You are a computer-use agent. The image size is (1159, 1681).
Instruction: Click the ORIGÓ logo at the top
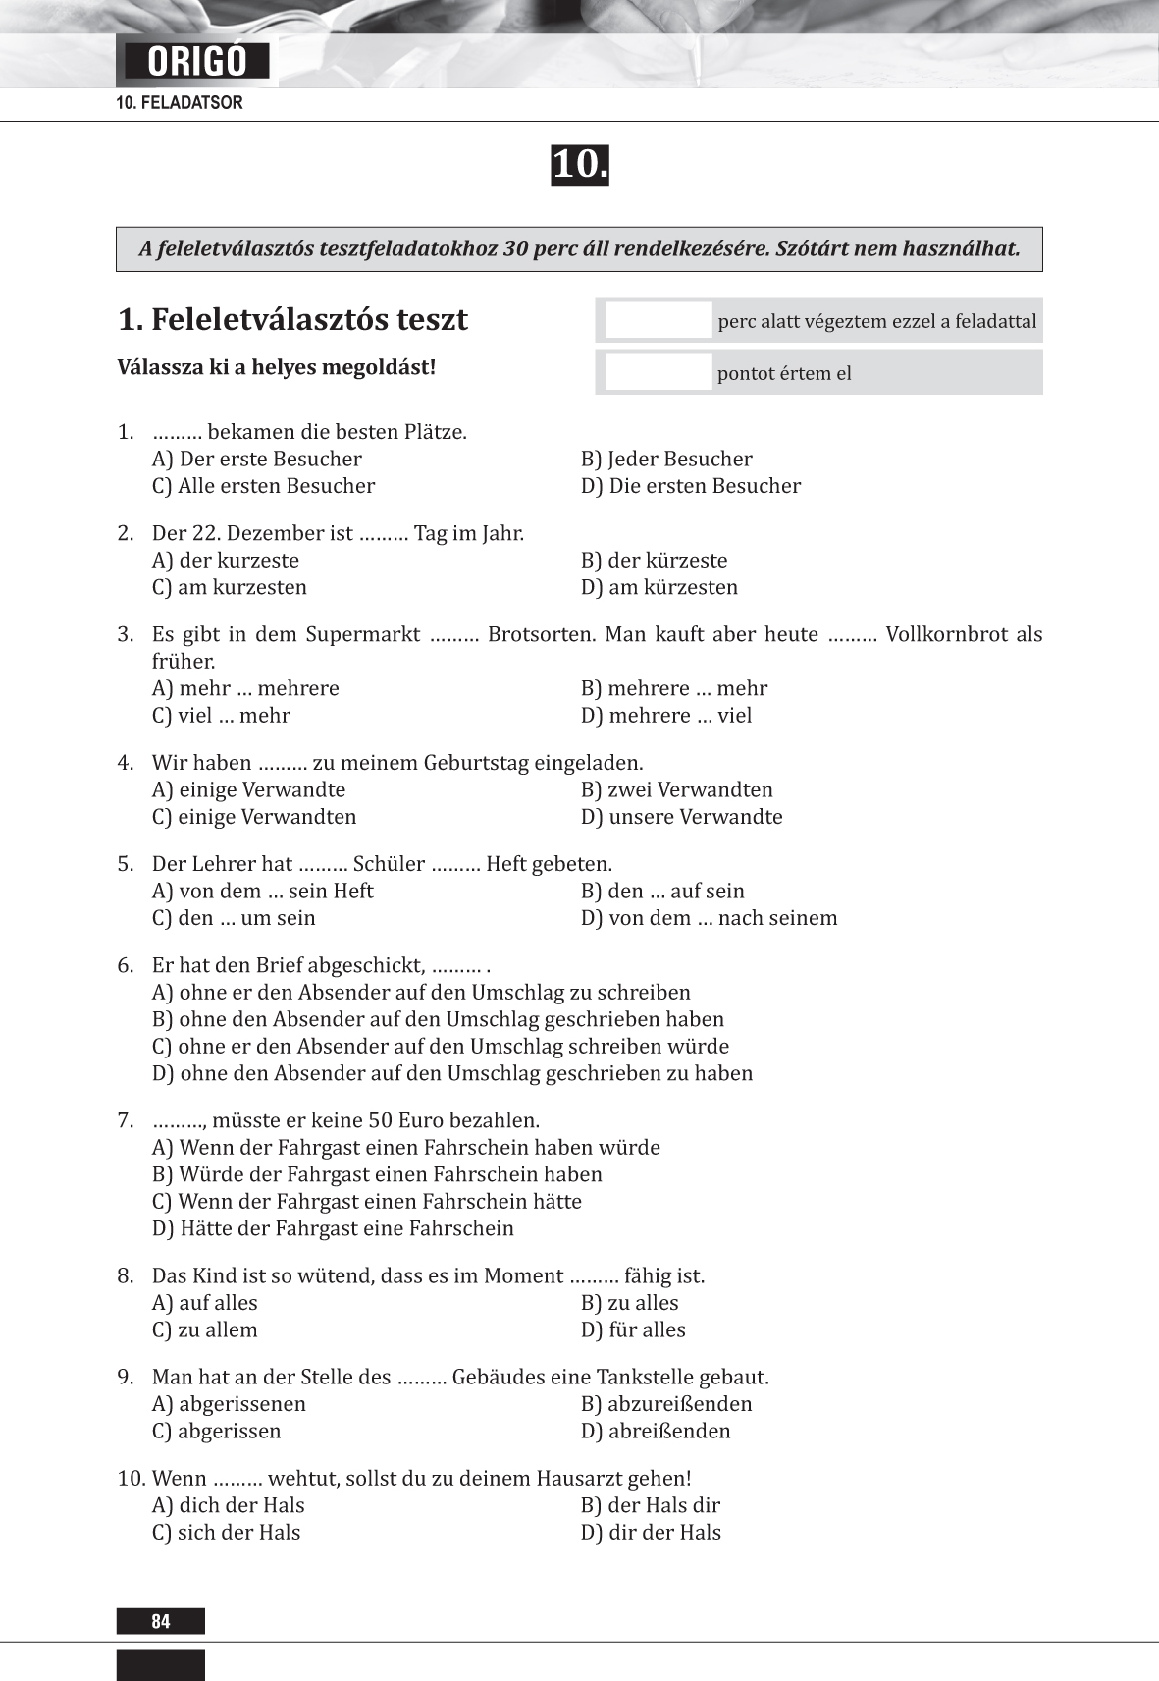click(x=197, y=61)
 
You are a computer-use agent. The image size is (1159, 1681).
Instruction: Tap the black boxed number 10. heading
click(x=579, y=165)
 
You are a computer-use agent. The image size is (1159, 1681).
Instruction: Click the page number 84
click(x=161, y=1621)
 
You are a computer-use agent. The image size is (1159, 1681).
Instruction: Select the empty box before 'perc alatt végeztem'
click(x=658, y=321)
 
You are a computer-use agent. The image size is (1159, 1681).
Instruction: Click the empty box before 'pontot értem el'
click(x=658, y=373)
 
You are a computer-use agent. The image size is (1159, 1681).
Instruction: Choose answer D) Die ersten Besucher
click(x=691, y=486)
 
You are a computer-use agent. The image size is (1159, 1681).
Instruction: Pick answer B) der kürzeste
click(x=655, y=561)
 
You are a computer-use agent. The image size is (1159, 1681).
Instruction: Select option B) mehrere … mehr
click(x=674, y=688)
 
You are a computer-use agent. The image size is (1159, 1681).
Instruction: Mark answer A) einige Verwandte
click(x=249, y=789)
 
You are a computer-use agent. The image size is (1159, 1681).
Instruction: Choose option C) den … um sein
click(x=235, y=918)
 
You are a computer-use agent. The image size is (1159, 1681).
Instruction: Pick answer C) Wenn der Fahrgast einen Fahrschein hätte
click(x=367, y=1202)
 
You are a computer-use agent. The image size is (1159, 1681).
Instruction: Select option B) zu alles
click(x=630, y=1303)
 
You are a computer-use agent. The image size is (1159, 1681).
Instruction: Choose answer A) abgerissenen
click(x=230, y=1404)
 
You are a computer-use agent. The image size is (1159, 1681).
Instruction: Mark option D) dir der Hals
click(x=652, y=1533)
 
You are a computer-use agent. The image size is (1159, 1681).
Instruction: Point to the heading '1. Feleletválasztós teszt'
click(x=292, y=320)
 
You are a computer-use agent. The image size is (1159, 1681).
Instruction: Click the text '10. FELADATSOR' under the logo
click(x=180, y=103)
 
